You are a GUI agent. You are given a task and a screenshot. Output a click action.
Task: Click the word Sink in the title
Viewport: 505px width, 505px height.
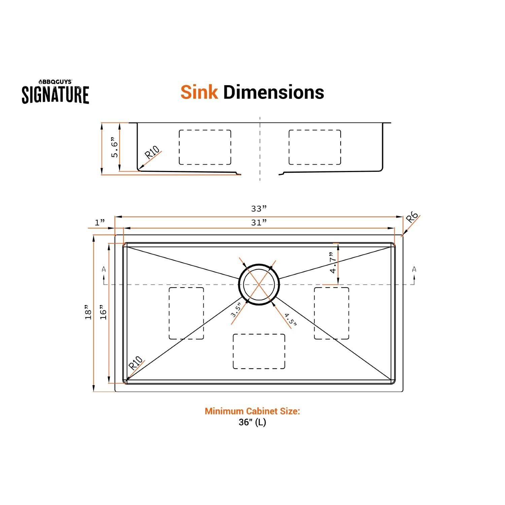click(x=199, y=92)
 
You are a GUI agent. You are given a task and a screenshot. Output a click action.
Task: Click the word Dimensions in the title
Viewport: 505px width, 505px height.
click(x=273, y=92)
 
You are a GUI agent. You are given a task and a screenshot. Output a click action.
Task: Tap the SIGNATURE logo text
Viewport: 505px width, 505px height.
click(x=56, y=95)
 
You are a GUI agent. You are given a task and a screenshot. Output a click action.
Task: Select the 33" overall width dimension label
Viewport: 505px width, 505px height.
click(x=259, y=209)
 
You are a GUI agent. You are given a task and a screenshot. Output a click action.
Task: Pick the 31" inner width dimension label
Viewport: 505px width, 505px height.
click(x=259, y=223)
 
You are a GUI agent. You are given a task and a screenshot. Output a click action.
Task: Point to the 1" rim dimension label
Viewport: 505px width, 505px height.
click(x=100, y=222)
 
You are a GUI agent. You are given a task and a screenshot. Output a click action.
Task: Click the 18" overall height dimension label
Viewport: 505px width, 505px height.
click(x=88, y=312)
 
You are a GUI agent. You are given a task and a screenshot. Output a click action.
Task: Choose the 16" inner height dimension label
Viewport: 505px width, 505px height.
click(x=103, y=312)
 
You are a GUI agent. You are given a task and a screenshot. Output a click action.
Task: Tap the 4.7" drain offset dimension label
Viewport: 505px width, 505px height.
click(x=333, y=263)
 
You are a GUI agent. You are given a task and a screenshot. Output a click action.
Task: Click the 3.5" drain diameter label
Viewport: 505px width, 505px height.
click(x=236, y=310)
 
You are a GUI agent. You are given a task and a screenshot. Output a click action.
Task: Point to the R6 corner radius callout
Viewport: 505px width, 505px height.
click(x=412, y=218)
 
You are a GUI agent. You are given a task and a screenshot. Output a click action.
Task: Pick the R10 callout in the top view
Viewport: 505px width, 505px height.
click(x=136, y=363)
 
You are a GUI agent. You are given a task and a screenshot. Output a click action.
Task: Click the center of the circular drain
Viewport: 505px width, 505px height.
click(x=259, y=284)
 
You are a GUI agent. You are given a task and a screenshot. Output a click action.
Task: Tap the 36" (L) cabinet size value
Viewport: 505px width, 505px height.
click(x=252, y=422)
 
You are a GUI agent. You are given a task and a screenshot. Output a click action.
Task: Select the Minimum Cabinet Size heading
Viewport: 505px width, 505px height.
click(x=252, y=411)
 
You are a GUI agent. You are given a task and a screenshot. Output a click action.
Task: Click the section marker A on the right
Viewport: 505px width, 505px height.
click(x=414, y=269)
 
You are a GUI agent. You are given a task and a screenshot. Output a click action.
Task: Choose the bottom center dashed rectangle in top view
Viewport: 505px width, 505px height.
click(x=259, y=351)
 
